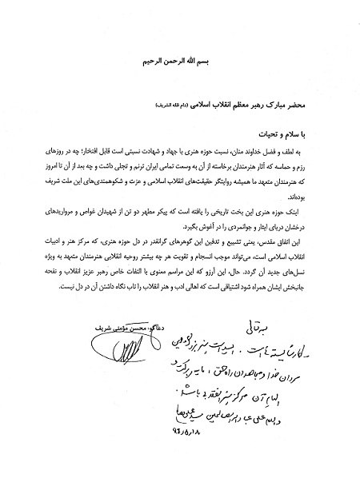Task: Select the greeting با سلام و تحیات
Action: coord(289,133)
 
